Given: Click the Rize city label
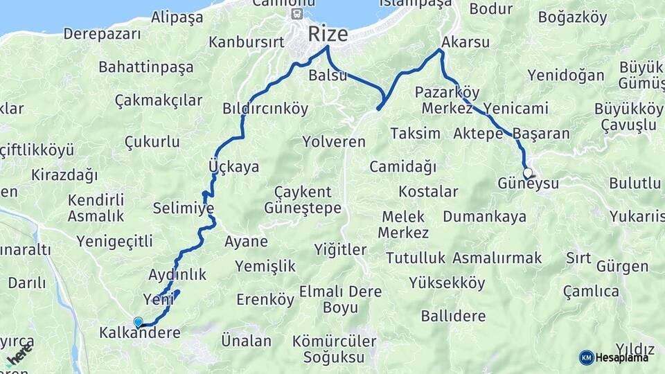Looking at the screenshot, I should [x=328, y=33].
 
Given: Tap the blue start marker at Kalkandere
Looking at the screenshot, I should [x=138, y=322].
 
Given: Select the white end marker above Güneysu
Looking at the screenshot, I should [x=528, y=172].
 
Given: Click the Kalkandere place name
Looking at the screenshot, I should [x=139, y=333].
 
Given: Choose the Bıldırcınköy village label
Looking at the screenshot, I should [x=265, y=109].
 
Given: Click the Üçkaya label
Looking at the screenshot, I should [x=233, y=167].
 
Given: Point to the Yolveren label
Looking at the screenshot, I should [x=334, y=142].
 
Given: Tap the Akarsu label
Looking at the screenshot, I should [x=465, y=42].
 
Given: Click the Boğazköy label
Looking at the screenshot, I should [x=572, y=17].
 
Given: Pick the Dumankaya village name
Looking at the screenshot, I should [x=484, y=217].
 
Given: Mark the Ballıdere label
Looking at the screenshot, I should [x=454, y=317].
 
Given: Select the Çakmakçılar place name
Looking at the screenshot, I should [x=159, y=100].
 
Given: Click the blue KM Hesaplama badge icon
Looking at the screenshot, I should [x=586, y=357].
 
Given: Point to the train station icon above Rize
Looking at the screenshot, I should [x=296, y=13].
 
